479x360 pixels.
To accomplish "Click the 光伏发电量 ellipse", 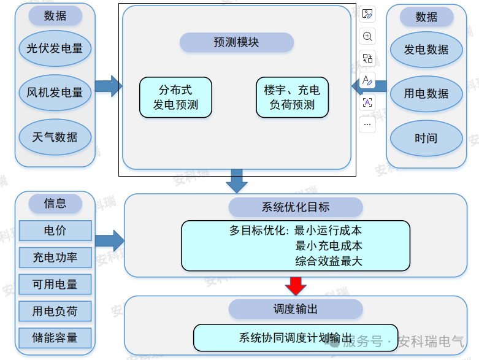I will (55, 48).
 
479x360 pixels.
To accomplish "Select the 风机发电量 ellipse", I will (55, 93).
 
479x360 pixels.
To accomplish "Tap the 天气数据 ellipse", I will (55, 137).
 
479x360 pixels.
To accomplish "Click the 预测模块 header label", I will (237, 42).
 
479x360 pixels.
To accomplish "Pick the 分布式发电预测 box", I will (175, 97).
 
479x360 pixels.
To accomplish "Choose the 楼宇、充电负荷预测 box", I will (292, 97).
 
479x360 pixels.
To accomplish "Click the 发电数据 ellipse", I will (426, 50).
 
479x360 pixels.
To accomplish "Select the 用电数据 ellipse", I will (426, 94).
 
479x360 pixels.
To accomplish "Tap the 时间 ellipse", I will (426, 138).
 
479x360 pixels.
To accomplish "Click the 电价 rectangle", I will (55, 231).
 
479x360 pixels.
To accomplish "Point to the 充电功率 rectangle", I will (55, 258).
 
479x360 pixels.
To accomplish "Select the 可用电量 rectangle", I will (55, 285).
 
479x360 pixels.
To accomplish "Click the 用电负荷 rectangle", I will (55, 312).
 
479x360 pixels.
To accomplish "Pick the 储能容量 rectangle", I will (55, 338).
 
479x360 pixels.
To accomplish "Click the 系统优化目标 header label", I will (296, 207).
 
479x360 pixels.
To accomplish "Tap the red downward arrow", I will (296, 285).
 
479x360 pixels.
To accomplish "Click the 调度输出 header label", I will (296, 309).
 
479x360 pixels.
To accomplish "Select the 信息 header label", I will (55, 204).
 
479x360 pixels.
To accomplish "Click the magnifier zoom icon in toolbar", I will (367, 36).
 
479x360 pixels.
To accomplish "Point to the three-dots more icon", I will (367, 124).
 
